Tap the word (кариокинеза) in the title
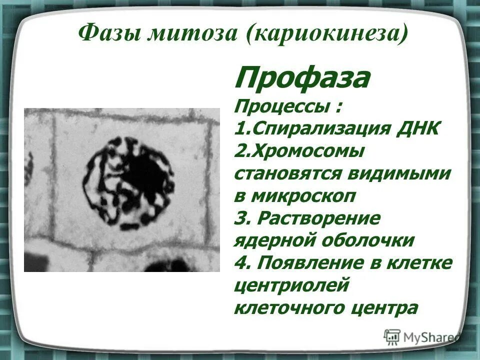327,34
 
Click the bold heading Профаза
302,78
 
